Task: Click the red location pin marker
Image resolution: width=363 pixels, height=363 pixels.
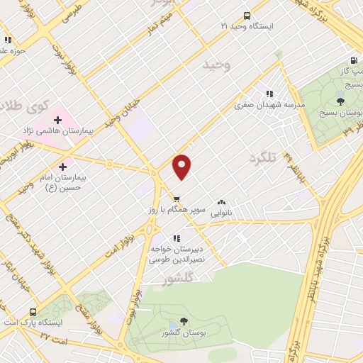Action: click(x=183, y=166)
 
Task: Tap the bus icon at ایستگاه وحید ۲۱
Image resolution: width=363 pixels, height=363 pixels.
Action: click(x=246, y=16)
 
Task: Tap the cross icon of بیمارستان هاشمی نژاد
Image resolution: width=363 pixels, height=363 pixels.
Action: click(x=57, y=120)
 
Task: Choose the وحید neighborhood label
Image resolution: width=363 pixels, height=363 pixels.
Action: click(x=217, y=65)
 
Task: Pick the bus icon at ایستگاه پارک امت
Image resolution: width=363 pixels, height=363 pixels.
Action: click(x=33, y=312)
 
